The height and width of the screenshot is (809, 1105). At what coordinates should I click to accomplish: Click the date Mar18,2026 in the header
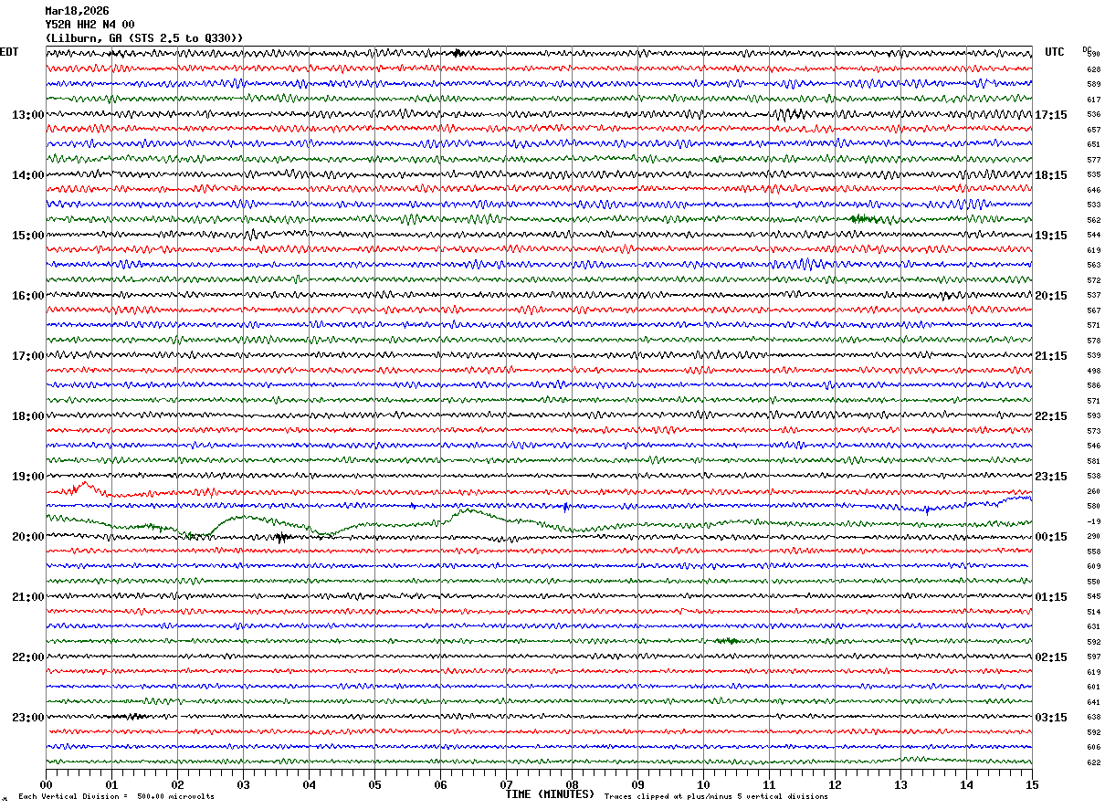point(77,11)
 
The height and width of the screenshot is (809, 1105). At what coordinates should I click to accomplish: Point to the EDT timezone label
point(9,52)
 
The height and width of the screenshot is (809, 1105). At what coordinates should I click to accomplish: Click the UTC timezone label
point(1055,52)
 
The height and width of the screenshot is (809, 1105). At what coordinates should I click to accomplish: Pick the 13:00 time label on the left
point(27,115)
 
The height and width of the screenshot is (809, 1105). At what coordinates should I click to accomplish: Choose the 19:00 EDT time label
point(27,477)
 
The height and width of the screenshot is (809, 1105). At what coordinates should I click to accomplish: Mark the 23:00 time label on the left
point(27,718)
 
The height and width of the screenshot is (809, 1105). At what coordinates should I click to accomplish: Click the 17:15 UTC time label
point(1051,115)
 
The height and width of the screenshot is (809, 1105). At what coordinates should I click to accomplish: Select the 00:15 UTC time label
point(1051,537)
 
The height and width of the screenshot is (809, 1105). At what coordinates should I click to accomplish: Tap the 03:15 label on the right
point(1051,718)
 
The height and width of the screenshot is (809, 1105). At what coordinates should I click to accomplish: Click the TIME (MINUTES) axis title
point(550,794)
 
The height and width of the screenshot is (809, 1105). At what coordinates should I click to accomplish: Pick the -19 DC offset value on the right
point(1093,521)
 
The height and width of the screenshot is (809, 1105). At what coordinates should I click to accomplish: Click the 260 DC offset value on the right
point(1093,491)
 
